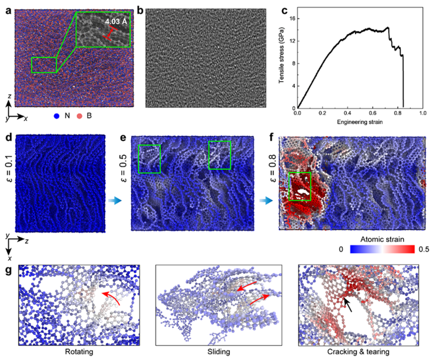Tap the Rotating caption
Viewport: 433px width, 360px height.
[79, 353]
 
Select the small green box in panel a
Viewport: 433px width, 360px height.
[44, 65]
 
